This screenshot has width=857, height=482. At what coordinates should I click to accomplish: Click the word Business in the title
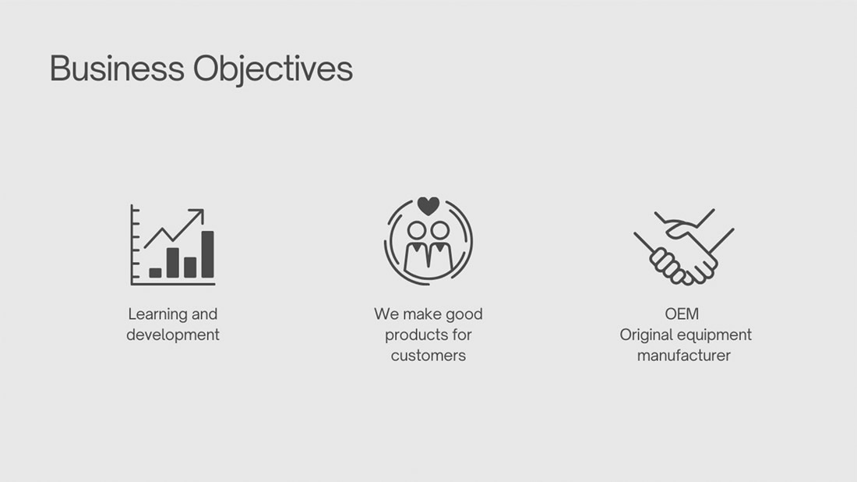tap(117, 69)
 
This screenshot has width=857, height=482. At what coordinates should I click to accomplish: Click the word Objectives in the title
tap(273, 70)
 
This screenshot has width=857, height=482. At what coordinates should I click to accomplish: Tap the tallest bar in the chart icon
tap(208, 254)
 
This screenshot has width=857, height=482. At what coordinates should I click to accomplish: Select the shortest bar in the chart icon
tap(155, 273)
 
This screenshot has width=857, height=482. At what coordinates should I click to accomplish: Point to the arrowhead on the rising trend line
tap(198, 214)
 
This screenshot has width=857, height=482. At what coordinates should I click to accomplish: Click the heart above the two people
tap(428, 206)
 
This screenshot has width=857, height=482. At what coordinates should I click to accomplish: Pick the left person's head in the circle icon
tap(417, 230)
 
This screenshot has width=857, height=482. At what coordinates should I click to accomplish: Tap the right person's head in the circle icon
tap(440, 230)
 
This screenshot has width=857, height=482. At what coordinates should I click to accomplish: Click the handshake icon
tap(684, 246)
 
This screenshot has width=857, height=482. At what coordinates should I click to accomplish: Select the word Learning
tap(157, 314)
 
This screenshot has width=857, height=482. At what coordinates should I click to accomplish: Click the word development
tap(173, 335)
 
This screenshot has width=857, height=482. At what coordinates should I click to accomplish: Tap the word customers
tap(428, 356)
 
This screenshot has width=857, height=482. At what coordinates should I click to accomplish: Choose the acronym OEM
tap(682, 314)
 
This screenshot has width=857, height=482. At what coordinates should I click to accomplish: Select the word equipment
tap(719, 335)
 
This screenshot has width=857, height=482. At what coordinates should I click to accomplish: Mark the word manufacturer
tap(684, 356)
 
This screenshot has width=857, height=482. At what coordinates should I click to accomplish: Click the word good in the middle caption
tap(464, 314)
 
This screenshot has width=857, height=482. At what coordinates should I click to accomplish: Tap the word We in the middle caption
tap(386, 314)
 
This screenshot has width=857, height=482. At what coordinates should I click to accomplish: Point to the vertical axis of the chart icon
tap(132, 244)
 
